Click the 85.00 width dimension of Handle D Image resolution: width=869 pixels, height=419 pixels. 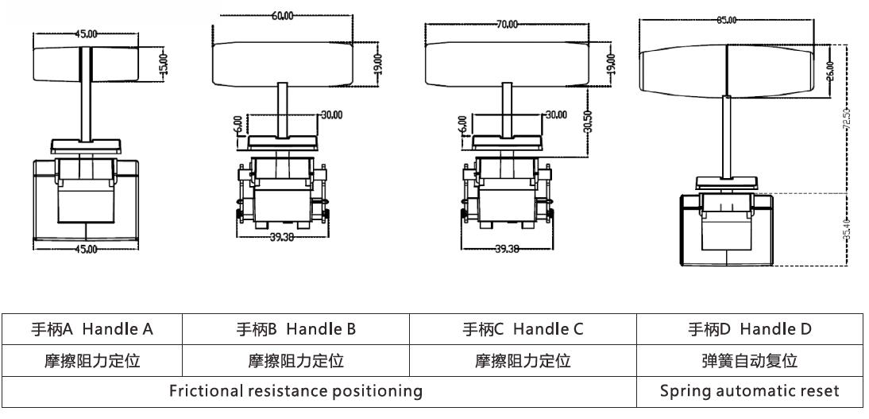(726, 20)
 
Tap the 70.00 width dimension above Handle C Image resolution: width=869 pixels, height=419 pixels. (507, 25)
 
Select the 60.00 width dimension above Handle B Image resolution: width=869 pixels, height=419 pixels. (282, 16)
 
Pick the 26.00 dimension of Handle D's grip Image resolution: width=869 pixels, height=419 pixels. (830, 70)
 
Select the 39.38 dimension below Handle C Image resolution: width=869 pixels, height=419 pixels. (507, 249)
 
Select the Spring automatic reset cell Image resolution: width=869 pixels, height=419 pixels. (749, 391)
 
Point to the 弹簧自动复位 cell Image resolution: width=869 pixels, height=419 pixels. (749, 361)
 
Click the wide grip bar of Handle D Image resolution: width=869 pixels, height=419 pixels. (728, 70)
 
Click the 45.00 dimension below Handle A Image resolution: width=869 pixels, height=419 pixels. (86, 249)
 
